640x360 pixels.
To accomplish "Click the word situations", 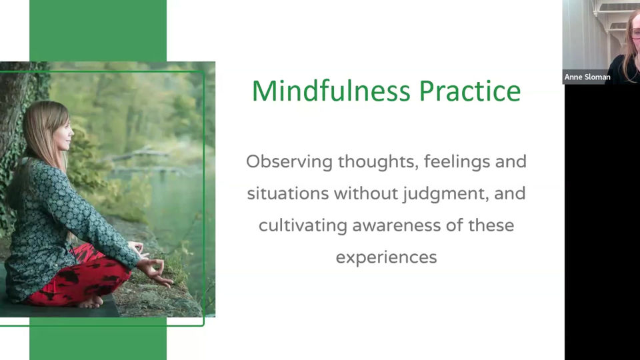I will pos(288,194).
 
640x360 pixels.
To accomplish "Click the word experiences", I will pos(386,257).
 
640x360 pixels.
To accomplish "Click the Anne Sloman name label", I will pos(587,77).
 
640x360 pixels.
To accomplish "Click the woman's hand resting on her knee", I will pos(155,271).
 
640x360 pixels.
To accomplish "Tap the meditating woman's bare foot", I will pos(91,301).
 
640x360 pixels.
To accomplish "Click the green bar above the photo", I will pos(98,31).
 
